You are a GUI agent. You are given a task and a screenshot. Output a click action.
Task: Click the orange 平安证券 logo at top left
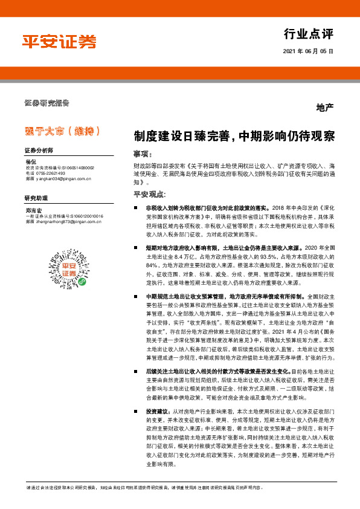[x=59, y=41]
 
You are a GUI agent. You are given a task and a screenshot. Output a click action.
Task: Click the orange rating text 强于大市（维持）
[x=62, y=131]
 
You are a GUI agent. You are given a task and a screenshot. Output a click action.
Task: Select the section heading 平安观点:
[x=149, y=194]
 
